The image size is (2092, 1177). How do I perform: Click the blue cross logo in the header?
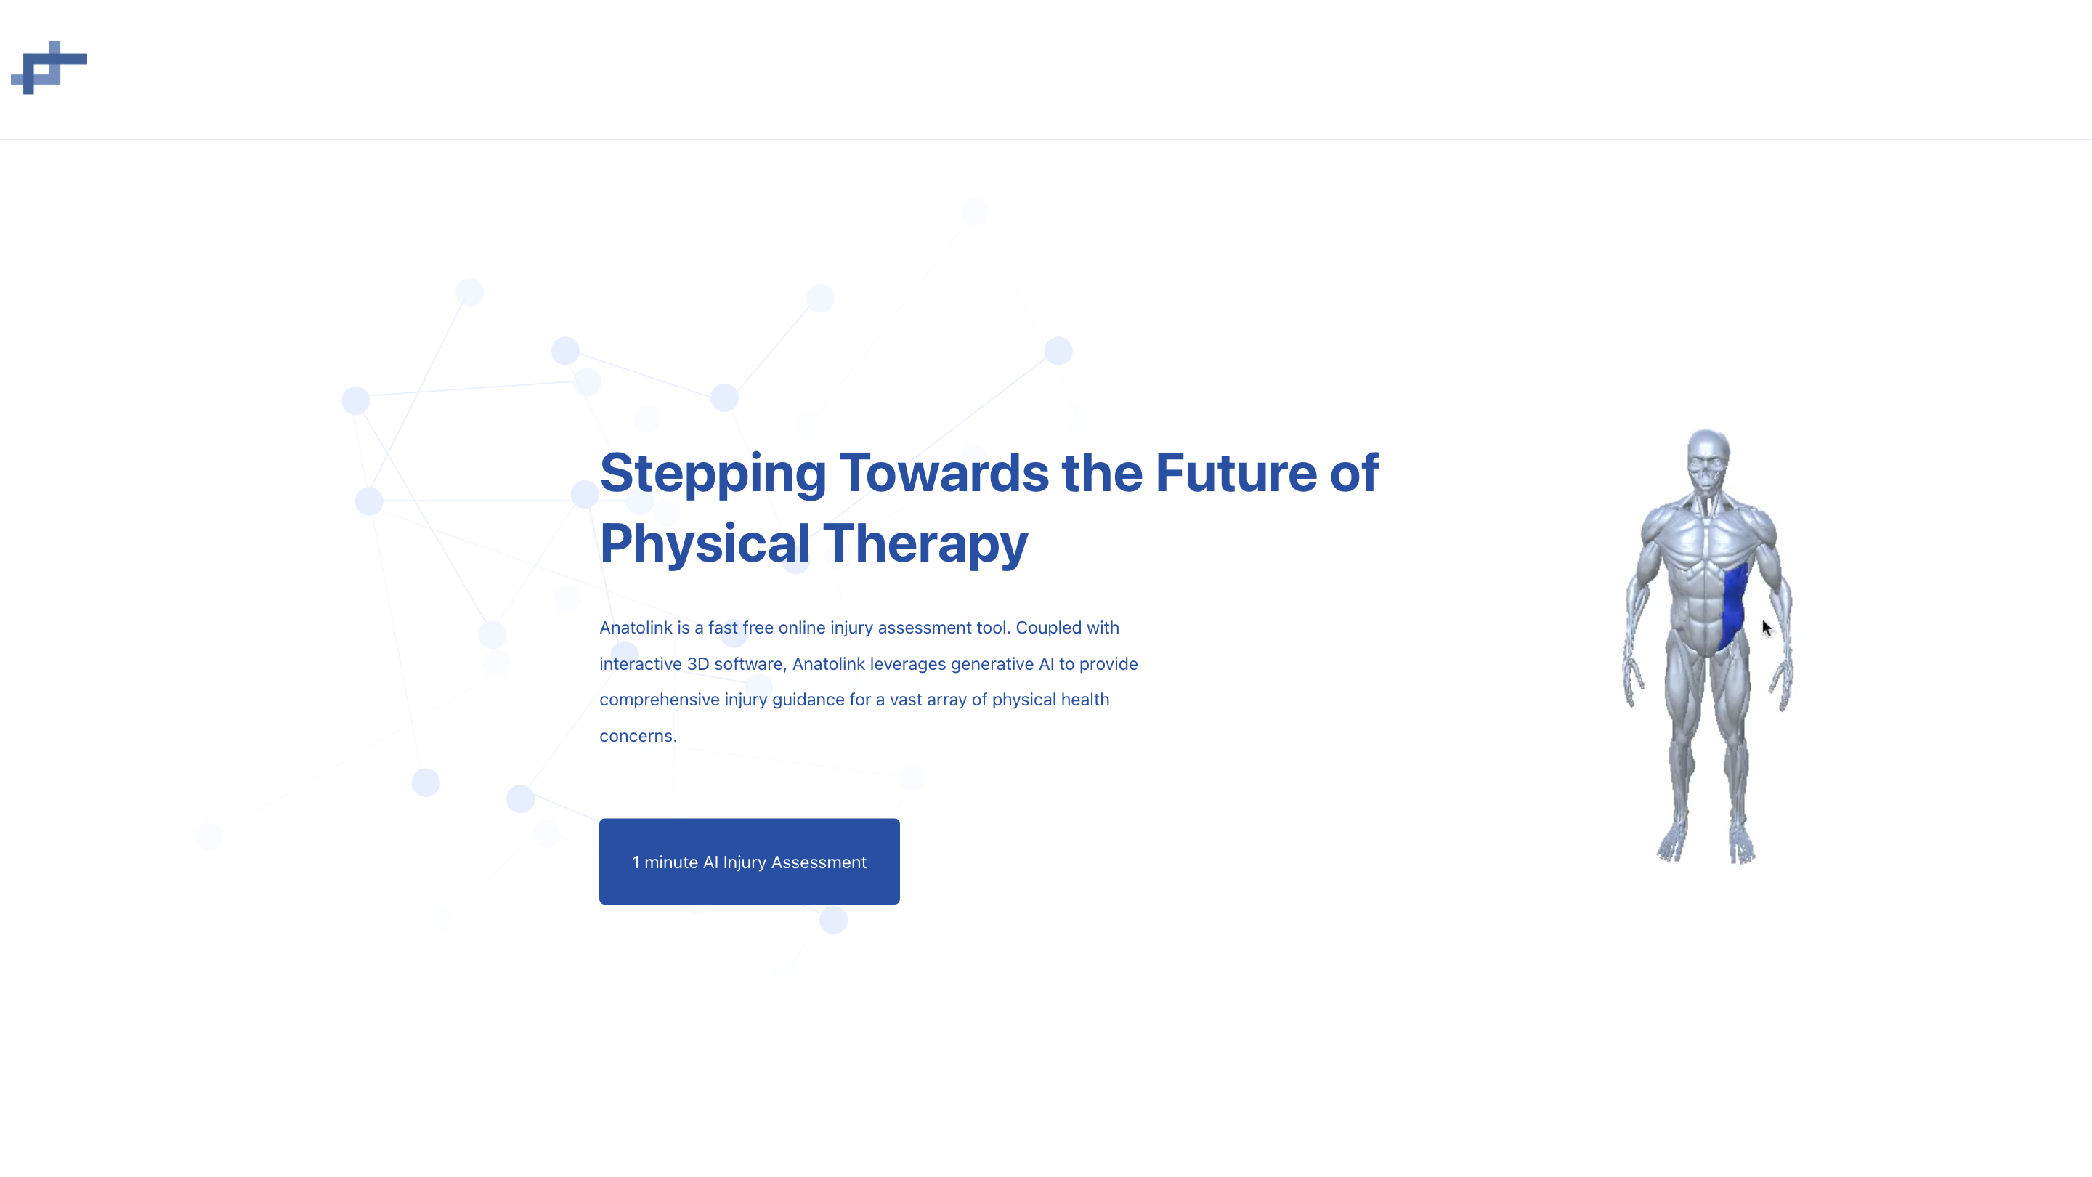click(49, 68)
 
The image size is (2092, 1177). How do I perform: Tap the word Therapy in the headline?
click(926, 545)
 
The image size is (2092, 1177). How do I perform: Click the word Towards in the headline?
click(944, 473)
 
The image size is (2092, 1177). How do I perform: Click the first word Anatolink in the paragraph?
click(636, 628)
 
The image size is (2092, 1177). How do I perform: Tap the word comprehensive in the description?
click(660, 700)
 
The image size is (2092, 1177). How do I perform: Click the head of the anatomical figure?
click(1708, 461)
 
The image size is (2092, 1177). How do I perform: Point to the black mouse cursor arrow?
click(1767, 628)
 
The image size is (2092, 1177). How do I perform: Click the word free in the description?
click(758, 628)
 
